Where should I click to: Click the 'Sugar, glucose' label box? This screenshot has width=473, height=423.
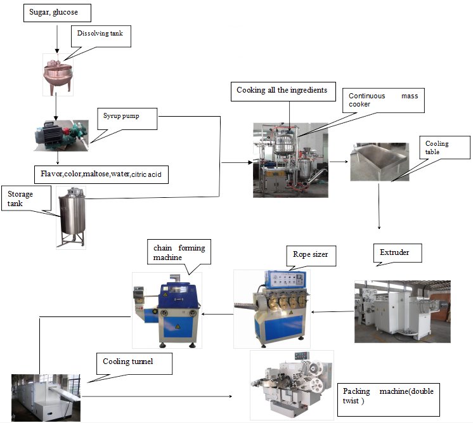[56, 13]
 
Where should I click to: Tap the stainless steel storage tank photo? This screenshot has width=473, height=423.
[71, 217]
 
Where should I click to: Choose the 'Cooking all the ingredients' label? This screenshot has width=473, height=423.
[282, 91]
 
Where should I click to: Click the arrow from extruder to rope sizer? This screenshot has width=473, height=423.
[333, 312]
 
